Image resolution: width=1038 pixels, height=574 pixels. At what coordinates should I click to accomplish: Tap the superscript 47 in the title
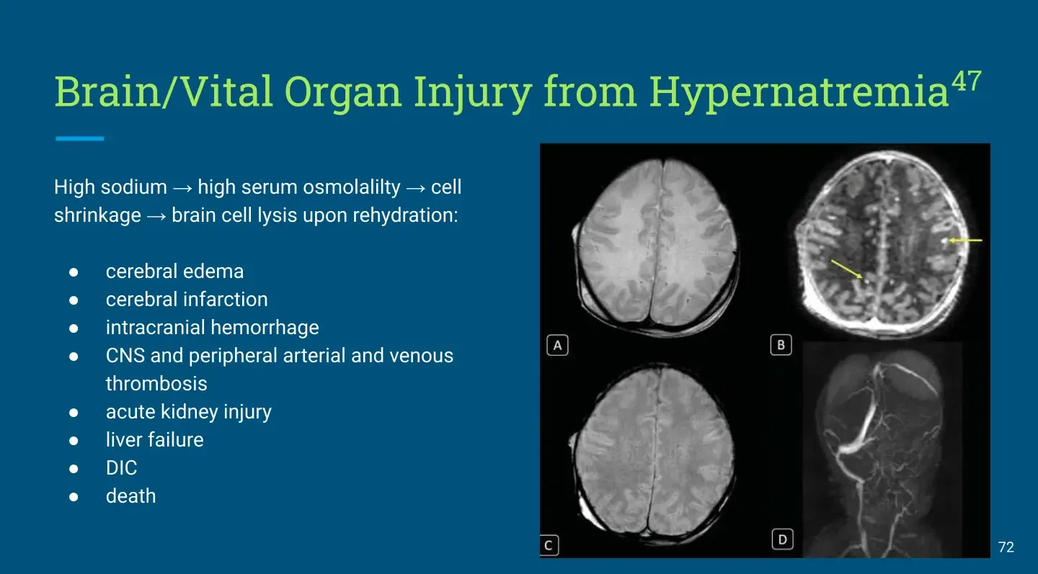point(966,81)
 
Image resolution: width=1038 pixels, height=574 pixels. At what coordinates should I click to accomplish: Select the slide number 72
point(1006,547)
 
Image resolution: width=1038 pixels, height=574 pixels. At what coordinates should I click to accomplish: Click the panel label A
point(557,345)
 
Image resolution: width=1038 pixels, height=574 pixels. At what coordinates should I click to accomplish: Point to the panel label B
point(781,345)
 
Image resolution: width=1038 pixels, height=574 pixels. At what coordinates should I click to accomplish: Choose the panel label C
point(549,545)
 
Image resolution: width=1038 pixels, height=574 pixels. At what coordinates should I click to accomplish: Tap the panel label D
point(782,539)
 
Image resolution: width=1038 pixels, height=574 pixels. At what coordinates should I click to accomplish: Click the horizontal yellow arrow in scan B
point(965,241)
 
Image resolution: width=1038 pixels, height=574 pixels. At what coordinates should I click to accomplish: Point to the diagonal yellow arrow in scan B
point(846,269)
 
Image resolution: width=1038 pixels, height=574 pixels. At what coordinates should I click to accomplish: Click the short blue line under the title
point(80,138)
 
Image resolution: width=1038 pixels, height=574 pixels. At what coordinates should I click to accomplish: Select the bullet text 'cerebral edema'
point(174,272)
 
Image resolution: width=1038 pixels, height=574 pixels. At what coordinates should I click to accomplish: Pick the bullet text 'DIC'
point(121,468)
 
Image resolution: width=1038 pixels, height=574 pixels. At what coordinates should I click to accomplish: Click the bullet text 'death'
point(130,496)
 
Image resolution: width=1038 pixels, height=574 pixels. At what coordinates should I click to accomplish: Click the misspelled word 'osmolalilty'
point(352,187)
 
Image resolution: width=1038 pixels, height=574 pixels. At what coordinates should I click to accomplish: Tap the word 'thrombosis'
point(156,384)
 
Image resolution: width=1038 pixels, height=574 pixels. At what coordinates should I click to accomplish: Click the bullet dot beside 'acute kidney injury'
point(74,413)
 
